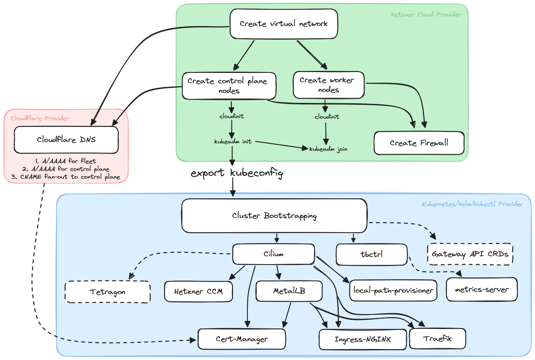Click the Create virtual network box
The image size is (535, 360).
pyautogui.click(x=284, y=24)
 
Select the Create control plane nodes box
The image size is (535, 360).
pyautogui.click(x=229, y=86)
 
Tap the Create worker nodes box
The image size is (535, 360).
pyautogui.click(x=328, y=85)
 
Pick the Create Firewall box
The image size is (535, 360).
pyautogui.click(x=419, y=143)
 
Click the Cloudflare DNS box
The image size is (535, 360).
pyautogui.click(x=66, y=140)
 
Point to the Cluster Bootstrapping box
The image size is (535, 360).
pyautogui.click(x=274, y=216)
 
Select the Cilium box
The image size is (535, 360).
pyautogui.click(x=274, y=254)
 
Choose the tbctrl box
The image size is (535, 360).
pyautogui.click(x=372, y=254)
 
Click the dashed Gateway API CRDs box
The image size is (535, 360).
pyautogui.click(x=470, y=254)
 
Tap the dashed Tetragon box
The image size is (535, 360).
pyautogui.click(x=108, y=292)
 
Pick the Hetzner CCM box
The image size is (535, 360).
pyautogui.click(x=198, y=291)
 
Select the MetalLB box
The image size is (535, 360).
pyautogui.click(x=289, y=291)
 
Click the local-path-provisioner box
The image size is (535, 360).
pyautogui.click(x=394, y=291)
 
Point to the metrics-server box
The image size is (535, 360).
pyautogui.click(x=482, y=289)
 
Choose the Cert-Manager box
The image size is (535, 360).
pyautogui.click(x=242, y=339)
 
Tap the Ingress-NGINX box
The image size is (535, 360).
pyautogui.click(x=362, y=339)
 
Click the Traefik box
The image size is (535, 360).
pyautogui.click(x=438, y=339)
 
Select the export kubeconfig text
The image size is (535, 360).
pyautogui.click(x=237, y=173)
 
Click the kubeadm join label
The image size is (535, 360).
pyautogui.click(x=328, y=149)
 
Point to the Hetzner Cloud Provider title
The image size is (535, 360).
pyautogui.click(x=426, y=14)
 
